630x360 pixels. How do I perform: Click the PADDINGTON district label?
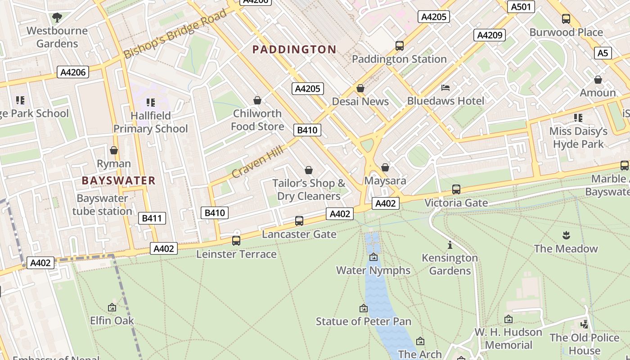coord(294,49)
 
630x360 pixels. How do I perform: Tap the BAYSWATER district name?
coord(118,181)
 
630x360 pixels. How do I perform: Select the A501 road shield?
coord(522,7)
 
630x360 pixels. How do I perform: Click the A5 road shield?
coord(603,53)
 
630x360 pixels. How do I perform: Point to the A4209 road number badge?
coord(489,35)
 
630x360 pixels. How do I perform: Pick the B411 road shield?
coord(152,219)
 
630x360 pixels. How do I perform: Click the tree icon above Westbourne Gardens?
coord(57,18)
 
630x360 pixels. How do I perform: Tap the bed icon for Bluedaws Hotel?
coord(445,87)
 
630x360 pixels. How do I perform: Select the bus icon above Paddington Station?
coord(399,45)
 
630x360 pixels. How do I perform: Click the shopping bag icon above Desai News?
coord(360,88)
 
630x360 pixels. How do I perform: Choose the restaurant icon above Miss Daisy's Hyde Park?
coord(578,118)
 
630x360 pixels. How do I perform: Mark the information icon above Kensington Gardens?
coord(450,245)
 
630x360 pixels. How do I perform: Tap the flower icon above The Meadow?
coord(566,235)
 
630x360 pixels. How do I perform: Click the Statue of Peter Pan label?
coord(363,321)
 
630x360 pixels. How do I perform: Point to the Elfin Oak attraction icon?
coord(112,307)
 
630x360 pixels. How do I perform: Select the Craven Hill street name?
coord(257,161)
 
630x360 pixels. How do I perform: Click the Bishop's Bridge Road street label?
coord(175,34)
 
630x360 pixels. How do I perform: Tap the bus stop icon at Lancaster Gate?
coord(299,221)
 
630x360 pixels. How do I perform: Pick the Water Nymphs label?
coord(373,270)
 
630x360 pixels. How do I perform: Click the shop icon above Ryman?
coord(114,150)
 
